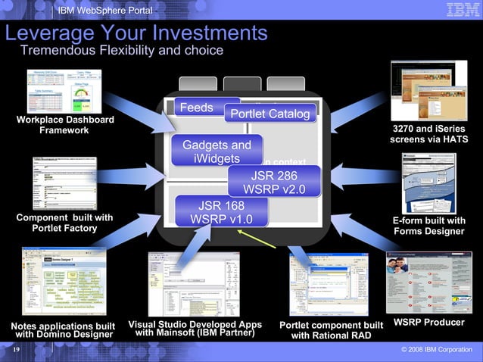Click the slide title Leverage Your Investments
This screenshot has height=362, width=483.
click(x=136, y=33)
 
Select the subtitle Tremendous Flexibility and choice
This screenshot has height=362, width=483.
click(x=121, y=51)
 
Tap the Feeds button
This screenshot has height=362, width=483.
click(x=197, y=108)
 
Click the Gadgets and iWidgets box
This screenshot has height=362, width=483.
click(x=217, y=151)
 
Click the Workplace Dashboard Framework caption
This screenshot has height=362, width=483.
click(x=64, y=125)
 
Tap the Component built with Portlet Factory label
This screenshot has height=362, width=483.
click(x=64, y=223)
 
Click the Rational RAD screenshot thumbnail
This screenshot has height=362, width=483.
click(x=331, y=282)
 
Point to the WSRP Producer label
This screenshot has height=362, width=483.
click(x=428, y=323)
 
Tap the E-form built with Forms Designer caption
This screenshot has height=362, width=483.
click(x=428, y=226)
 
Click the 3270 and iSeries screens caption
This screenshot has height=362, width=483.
click(x=428, y=134)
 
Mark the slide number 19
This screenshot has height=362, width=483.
click(x=16, y=351)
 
